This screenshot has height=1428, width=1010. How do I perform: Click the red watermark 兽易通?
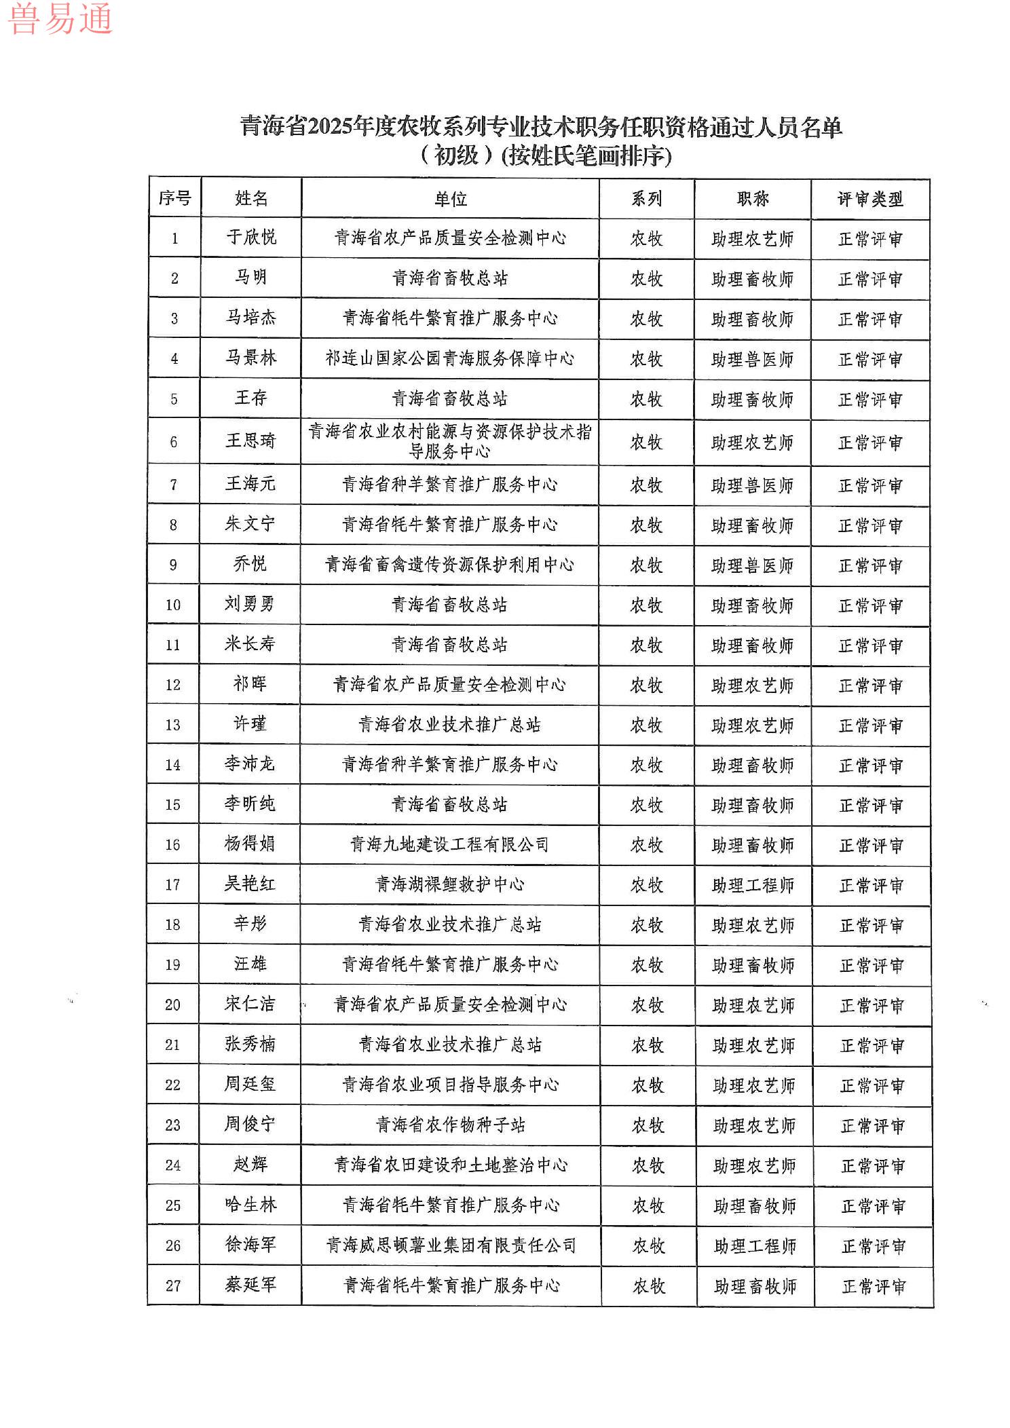pos(60,18)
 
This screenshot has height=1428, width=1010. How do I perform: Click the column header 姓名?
pos(251,198)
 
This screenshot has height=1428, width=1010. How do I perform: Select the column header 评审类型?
pos(870,199)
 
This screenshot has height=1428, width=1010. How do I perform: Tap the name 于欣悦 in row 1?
pos(251,237)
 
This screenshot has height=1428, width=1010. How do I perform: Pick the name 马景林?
pos(251,358)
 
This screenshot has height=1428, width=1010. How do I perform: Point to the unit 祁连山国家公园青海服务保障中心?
pos(449,358)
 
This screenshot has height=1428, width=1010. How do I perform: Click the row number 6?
pos(174,443)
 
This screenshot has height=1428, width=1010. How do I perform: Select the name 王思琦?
pos(251,441)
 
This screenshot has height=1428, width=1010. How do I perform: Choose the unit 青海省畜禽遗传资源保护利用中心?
pos(449,565)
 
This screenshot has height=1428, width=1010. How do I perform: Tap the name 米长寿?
pos(250,643)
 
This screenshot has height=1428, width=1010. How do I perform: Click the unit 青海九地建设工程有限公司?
pos(449,844)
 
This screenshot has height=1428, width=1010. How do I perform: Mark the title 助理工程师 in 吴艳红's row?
pos(753,885)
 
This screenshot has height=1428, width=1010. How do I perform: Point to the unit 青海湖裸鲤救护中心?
pos(449,884)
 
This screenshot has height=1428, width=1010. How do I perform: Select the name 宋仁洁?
pos(250,1004)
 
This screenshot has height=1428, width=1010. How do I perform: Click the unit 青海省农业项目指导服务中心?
pos(450,1085)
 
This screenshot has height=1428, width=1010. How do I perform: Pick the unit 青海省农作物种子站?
pos(450,1125)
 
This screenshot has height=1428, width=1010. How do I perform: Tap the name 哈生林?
pos(250,1205)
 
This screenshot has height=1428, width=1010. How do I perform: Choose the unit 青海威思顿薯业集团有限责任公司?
pos(451,1245)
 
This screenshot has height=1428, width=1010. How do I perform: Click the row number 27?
pos(173,1285)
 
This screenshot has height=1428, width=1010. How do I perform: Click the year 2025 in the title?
pos(329,127)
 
